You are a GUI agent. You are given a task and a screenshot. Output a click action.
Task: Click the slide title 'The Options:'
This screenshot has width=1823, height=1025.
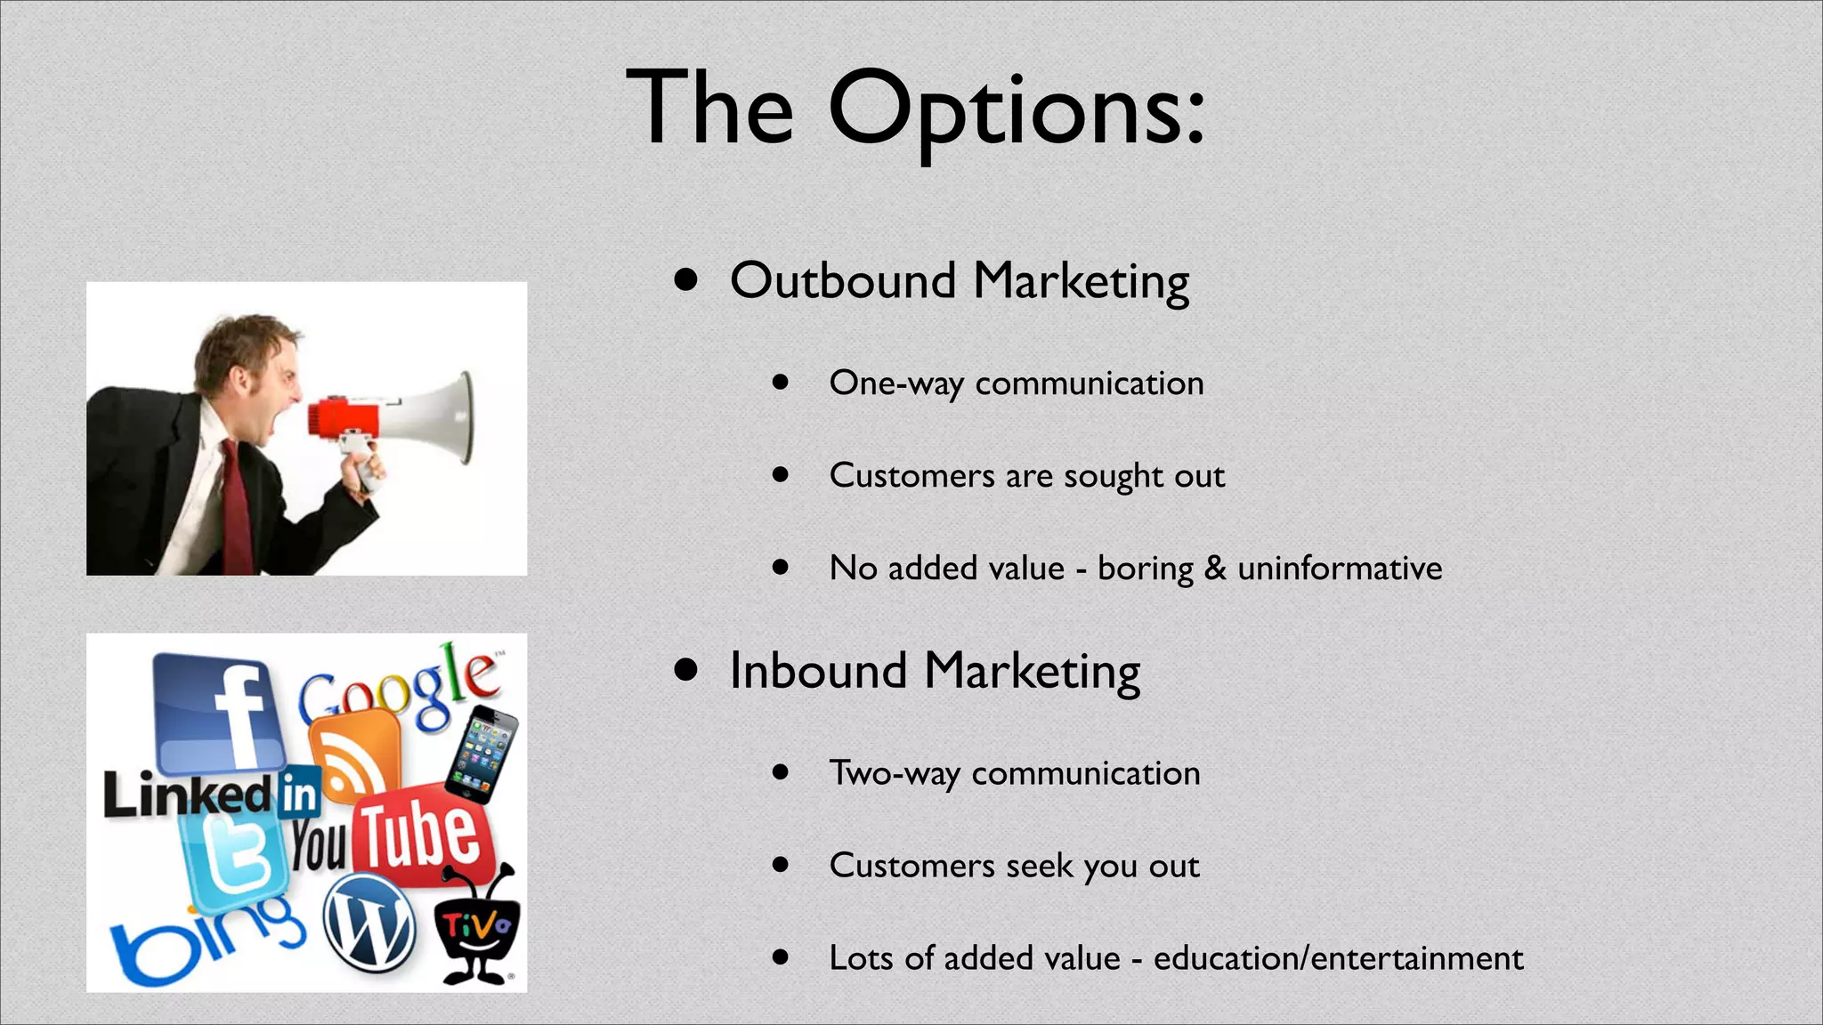(x=915, y=109)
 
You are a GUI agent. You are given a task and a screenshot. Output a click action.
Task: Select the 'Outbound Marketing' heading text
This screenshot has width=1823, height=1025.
(x=959, y=281)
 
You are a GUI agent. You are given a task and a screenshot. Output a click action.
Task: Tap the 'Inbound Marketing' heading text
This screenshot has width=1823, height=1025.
(x=934, y=671)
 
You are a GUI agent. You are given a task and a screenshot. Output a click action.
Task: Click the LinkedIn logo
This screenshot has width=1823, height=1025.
(x=212, y=793)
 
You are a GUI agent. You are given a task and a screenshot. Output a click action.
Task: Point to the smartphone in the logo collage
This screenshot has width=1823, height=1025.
(x=482, y=755)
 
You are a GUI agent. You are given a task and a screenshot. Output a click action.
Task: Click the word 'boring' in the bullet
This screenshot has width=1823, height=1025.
(x=1145, y=569)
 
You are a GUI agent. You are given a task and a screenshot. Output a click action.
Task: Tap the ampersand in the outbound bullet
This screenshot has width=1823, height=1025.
(x=1215, y=568)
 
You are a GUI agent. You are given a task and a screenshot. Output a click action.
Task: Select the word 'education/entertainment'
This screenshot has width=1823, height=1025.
(x=1338, y=958)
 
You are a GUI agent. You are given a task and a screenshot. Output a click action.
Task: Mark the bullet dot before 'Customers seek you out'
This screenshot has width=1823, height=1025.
(x=781, y=864)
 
